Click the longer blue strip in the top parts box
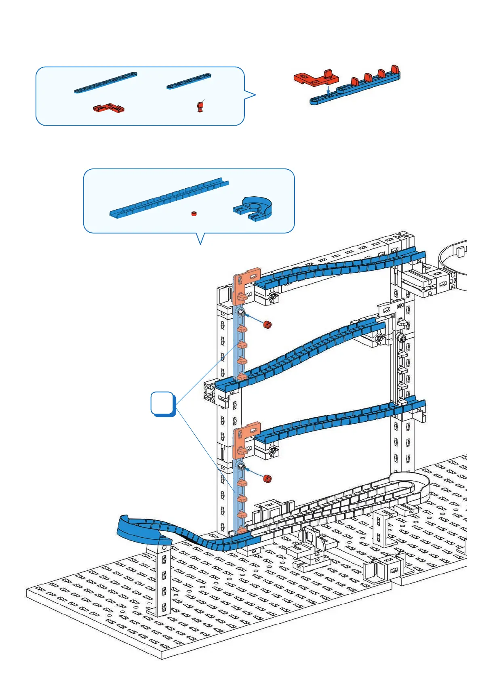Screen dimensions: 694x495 point(105,82)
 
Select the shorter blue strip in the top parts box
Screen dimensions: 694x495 point(189,81)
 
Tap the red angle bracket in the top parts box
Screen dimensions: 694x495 point(108,108)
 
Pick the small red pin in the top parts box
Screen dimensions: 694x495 point(200,107)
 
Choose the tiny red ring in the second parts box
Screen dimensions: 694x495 point(194,213)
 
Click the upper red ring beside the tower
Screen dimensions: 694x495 point(267,324)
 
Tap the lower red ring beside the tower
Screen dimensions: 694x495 point(267,479)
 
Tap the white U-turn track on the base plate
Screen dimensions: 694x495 point(408,487)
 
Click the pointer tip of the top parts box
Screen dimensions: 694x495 point(256,95)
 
